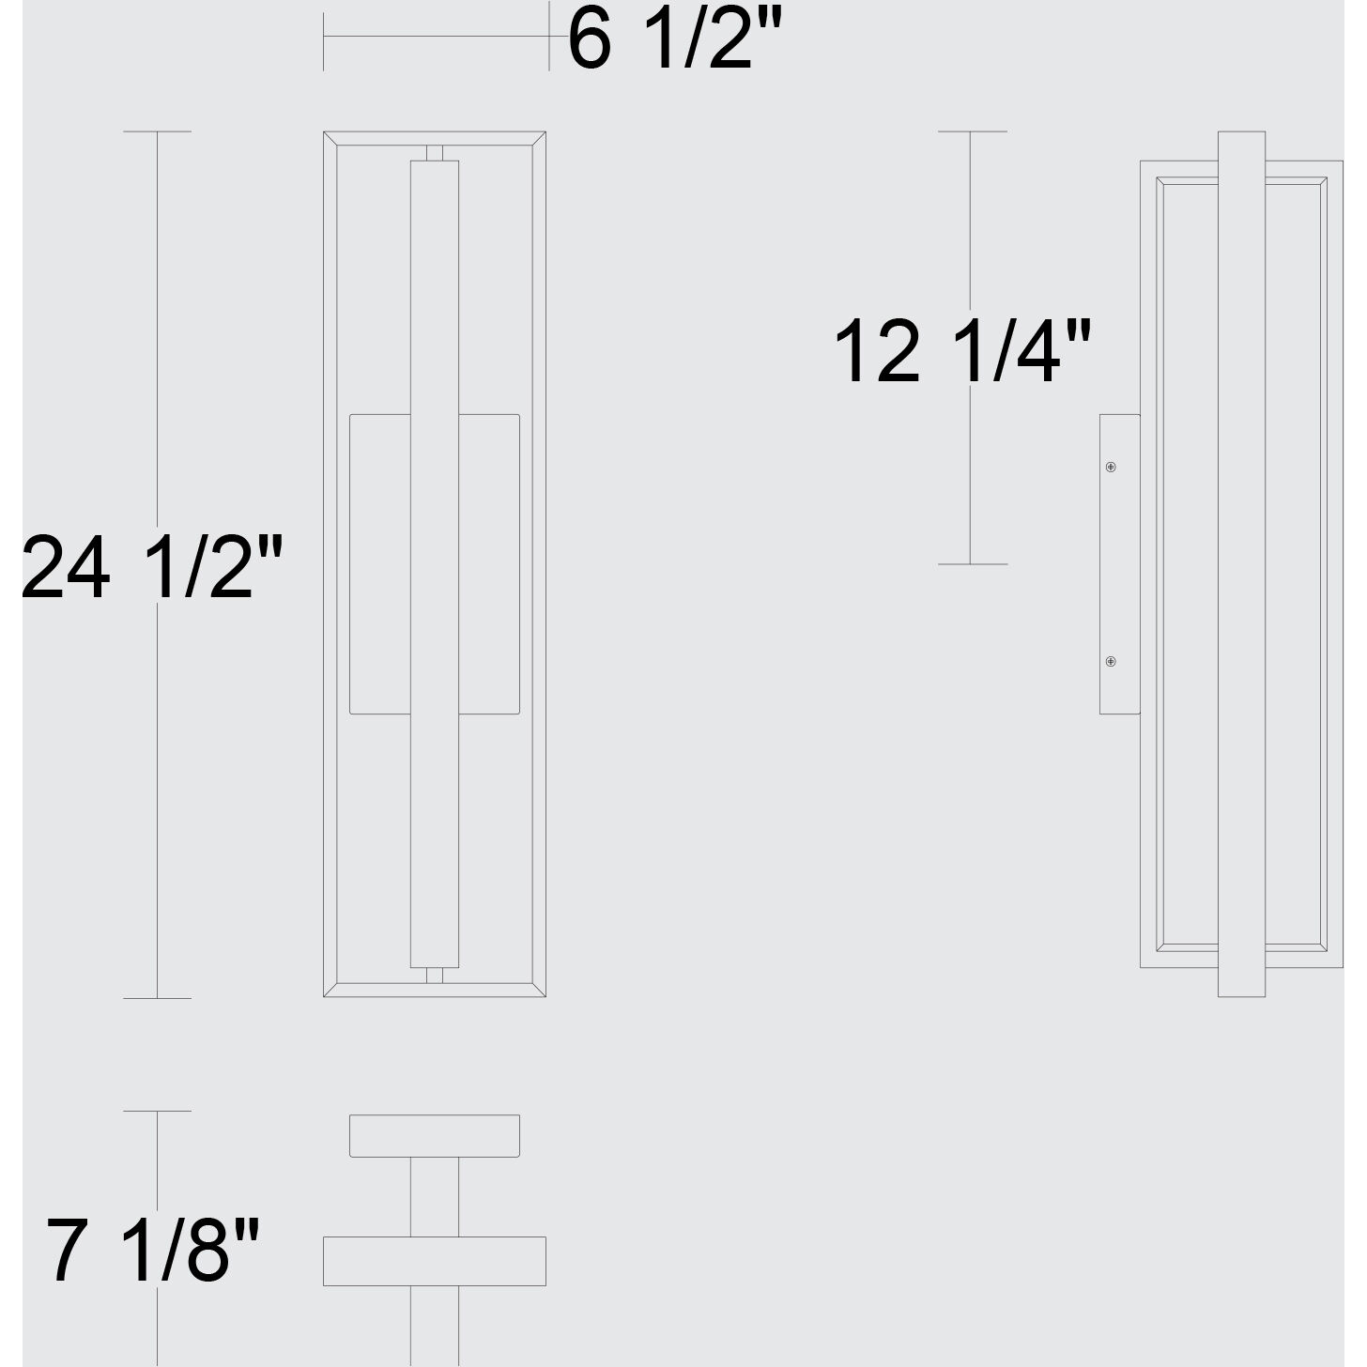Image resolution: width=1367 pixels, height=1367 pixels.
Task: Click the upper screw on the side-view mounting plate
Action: [1111, 467]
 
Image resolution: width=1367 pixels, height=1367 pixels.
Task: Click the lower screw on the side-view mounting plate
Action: [1111, 662]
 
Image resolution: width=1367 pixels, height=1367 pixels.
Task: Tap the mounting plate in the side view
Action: [1120, 563]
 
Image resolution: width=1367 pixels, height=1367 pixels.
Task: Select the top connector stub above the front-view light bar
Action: [435, 153]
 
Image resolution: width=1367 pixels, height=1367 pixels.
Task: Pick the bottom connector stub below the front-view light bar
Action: [435, 975]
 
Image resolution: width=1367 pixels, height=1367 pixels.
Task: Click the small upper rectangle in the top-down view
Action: [435, 1135]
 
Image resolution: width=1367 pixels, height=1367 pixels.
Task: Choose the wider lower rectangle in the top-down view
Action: [435, 1261]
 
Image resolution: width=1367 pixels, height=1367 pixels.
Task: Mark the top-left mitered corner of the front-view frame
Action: [330, 139]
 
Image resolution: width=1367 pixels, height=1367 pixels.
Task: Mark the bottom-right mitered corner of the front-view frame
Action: [539, 990]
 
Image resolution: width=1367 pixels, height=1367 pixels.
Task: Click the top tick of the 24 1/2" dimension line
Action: [157, 131]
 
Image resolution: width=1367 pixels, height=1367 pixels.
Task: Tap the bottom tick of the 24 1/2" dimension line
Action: [157, 998]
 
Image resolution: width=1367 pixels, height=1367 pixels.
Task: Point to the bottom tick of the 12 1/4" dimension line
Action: [972, 564]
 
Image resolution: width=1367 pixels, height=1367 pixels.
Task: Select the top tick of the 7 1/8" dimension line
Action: [157, 1112]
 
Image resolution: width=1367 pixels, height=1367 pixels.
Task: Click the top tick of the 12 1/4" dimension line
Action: [972, 131]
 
